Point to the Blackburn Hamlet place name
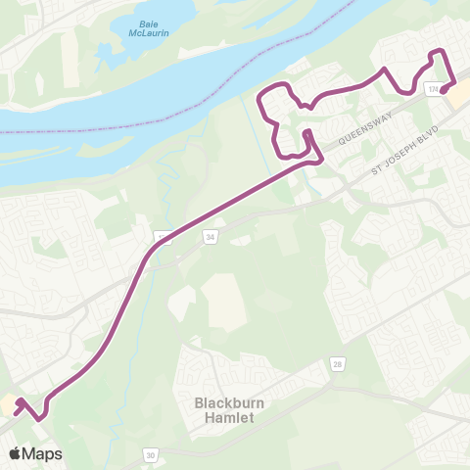point(224,409)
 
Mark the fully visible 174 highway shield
point(433,89)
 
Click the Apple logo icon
point(15,453)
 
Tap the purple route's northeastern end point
point(444,91)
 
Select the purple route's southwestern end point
point(20,401)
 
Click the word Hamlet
point(224,417)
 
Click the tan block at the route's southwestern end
point(8,405)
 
